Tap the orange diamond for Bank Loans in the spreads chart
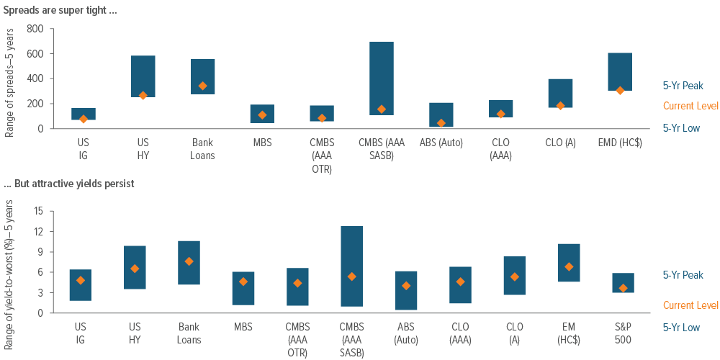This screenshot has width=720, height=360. point(202,86)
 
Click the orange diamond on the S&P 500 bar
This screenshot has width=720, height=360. point(623,288)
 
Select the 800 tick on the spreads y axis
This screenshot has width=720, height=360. point(35,30)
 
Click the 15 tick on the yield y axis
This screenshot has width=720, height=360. point(39,212)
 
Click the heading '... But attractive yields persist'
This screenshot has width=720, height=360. point(68,184)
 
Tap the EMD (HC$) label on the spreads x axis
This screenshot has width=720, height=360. point(620,140)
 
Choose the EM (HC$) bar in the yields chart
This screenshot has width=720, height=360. point(569,262)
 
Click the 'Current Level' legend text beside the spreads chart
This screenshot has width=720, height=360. point(690,106)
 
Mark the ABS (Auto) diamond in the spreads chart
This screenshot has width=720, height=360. point(441,123)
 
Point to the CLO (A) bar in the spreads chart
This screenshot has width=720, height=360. point(561,93)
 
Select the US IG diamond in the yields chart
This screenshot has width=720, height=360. point(81,280)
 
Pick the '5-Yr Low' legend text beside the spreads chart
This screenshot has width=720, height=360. point(681,127)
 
